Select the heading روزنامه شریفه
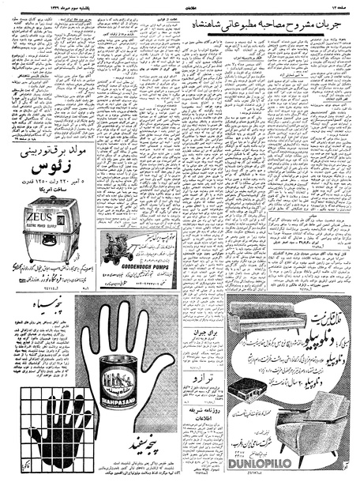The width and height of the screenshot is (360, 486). coord(203,416)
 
